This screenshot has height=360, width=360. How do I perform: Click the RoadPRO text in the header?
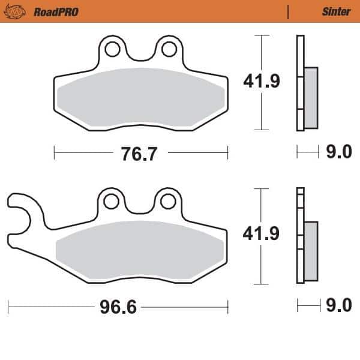pyautogui.click(x=56, y=11)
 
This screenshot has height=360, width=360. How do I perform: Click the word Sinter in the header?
pyautogui.click(x=336, y=11)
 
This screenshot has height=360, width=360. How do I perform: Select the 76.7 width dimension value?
pyautogui.click(x=139, y=154)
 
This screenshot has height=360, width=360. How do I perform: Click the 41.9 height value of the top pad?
pyautogui.click(x=262, y=82)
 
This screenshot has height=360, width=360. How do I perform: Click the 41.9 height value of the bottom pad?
pyautogui.click(x=262, y=235)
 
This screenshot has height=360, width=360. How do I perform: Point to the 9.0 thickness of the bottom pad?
pyautogui.click(x=338, y=307)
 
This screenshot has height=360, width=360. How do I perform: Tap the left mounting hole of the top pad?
pyautogui.click(x=112, y=49)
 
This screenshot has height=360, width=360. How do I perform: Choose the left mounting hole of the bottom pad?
pyautogui.click(x=112, y=202)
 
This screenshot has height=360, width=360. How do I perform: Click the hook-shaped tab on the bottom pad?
pyautogui.click(x=22, y=210)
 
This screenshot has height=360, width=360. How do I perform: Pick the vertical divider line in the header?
pyautogui.click(x=289, y=11)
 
